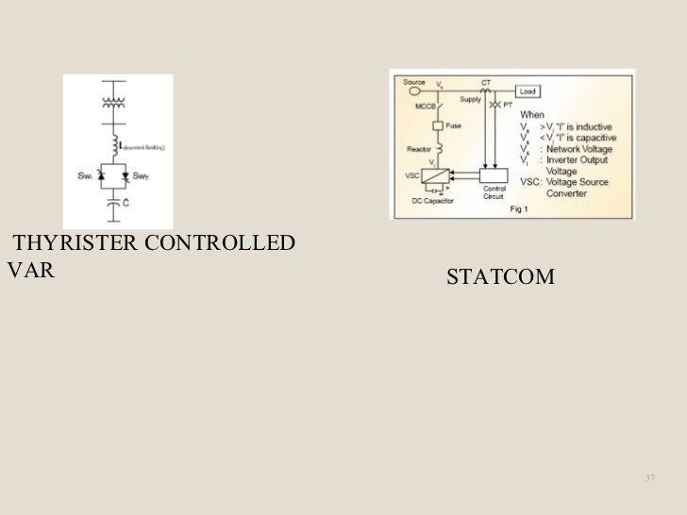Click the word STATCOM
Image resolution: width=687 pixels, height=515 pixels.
501,278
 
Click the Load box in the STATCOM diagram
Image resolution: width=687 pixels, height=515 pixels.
528,91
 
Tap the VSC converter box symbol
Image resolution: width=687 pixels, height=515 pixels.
435,176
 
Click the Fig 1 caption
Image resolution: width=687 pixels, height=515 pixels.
521,210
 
